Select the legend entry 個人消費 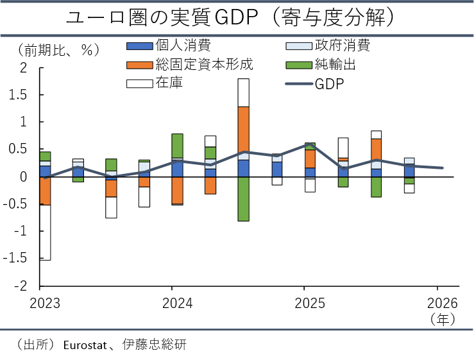coord(169,46)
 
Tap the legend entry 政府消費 coord(328,46)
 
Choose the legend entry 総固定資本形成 coord(190,64)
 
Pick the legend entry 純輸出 coord(321,64)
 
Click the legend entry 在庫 coord(155,83)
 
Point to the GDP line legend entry coord(315,84)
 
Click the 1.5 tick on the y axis coord(18,95)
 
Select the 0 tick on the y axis coord(23,176)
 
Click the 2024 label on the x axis coord(178,303)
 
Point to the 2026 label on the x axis coord(443,303)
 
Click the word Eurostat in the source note coord(85,345)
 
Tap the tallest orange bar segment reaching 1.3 coord(244,133)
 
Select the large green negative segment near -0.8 coord(244,199)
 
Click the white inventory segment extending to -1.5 coord(45,232)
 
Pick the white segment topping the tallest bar coord(244,92)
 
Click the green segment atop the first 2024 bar coord(178,146)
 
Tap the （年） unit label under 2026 coord(443,319)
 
